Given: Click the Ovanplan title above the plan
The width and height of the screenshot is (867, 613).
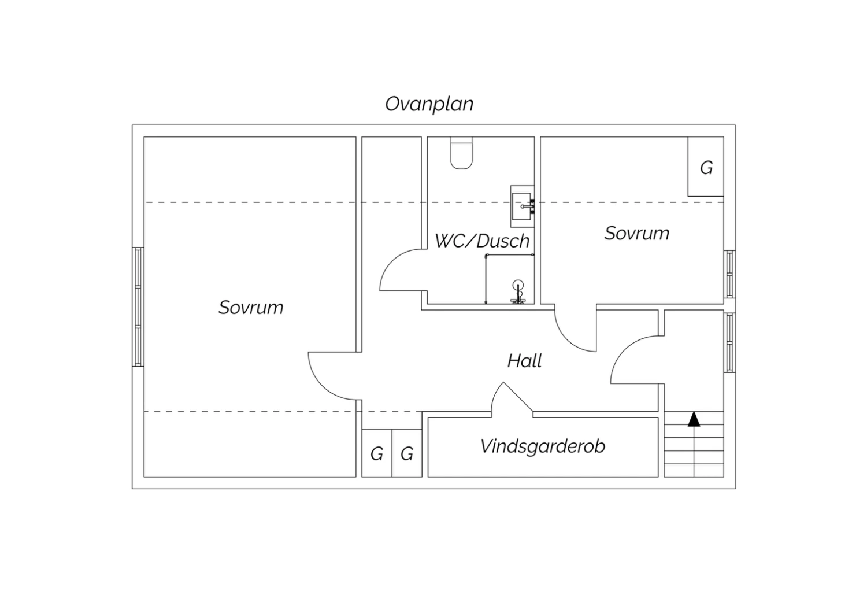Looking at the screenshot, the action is coord(429,104).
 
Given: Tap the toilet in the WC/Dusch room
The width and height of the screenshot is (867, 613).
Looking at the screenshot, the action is coord(461,153).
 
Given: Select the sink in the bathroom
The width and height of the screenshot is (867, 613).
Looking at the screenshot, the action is coord(522,206).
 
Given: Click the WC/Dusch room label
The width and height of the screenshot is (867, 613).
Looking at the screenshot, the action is coord(482,241).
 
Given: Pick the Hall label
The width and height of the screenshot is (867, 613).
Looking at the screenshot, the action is coord(524,361).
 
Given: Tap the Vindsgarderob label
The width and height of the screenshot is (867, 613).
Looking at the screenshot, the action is coord(543,446).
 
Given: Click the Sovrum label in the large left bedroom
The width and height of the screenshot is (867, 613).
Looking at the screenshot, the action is coord(251,308).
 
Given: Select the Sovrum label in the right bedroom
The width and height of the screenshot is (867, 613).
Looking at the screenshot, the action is coord(637,233).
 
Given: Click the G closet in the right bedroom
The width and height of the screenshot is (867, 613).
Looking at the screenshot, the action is coord(706,167).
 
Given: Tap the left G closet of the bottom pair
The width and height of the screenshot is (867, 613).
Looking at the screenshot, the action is coord(377,453).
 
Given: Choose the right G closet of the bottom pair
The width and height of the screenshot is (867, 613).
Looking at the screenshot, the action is coord(407,453).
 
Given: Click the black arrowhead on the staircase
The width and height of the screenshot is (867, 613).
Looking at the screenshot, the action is coord(694,419).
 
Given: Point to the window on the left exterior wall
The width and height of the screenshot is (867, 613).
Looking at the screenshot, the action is coord(138,306).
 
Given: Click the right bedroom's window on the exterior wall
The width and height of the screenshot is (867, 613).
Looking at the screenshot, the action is coord(729,274).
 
